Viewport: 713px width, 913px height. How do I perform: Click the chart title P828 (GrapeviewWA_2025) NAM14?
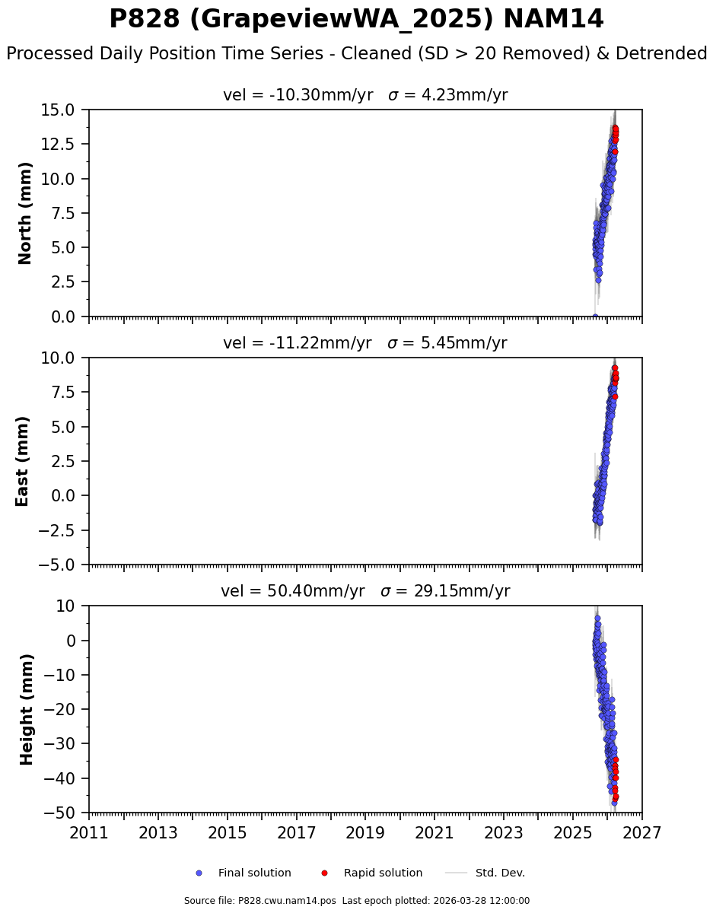pos(356,20)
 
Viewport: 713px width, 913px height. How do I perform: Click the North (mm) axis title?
pos(26,213)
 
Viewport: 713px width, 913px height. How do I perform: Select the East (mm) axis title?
pos(23,461)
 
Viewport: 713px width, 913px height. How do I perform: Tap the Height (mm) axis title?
pos(27,709)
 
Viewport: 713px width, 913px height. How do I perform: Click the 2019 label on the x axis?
pos(365,833)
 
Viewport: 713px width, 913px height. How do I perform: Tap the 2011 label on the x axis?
pos(89,833)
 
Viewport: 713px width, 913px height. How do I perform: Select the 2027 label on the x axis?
pos(641,833)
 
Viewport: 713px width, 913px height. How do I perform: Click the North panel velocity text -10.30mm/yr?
pos(298,96)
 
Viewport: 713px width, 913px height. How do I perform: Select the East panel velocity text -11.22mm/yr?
pos(298,344)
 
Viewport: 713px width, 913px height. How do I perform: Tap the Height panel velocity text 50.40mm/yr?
pos(293,592)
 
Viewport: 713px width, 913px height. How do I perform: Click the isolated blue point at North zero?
pos(595,317)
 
